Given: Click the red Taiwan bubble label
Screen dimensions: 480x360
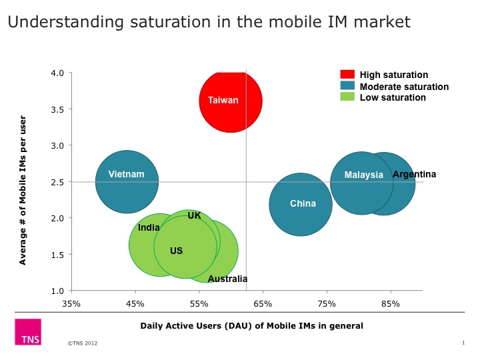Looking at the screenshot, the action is [223, 100].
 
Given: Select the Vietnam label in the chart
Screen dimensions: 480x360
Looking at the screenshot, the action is [126, 174].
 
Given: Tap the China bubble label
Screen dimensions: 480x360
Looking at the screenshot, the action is [303, 203].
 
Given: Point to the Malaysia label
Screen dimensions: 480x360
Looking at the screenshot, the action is [364, 175].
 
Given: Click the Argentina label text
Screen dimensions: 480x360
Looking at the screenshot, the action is [414, 175].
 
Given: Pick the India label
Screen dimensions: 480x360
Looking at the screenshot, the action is [149, 227].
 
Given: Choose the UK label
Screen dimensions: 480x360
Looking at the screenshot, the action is [195, 215].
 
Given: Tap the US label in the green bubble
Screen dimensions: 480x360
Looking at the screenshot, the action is [176, 251].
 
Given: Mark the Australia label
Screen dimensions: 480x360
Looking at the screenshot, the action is [227, 279].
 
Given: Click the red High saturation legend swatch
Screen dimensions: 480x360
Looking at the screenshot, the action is [347, 75].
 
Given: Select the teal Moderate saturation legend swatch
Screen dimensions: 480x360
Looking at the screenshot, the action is [347, 85].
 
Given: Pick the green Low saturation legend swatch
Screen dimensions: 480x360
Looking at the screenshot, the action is [347, 97].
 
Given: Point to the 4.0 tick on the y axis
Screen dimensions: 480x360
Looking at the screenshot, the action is [57, 73].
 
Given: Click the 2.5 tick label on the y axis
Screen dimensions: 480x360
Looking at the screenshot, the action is [57, 182].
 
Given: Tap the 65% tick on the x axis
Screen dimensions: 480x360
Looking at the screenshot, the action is [263, 304].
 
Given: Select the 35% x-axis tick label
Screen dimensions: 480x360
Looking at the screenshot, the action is [71, 304].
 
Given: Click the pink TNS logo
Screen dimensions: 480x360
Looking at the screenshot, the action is [28, 332].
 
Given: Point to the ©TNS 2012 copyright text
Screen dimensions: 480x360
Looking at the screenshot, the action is [83, 343].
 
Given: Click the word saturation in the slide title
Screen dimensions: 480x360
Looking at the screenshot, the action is [171, 22].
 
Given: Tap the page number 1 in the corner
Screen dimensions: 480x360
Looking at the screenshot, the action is [463, 343].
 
